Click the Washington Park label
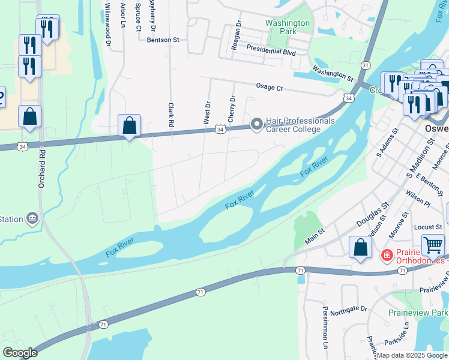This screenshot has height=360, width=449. [x=288, y=28]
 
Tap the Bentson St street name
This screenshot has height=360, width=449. [x=163, y=40]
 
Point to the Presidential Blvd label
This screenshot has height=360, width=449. [x=271, y=52]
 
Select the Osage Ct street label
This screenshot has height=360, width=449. [x=269, y=87]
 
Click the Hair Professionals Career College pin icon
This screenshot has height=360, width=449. [x=257, y=125]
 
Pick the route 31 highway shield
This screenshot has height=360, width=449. [x=366, y=65]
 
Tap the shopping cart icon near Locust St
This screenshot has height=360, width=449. [x=433, y=245]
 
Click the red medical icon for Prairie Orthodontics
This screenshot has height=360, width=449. [x=387, y=256]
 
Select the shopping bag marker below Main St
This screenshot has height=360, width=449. [x=360, y=248]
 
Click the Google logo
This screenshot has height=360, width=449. [x=20, y=353]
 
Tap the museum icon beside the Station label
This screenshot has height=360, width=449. [x=33, y=219]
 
